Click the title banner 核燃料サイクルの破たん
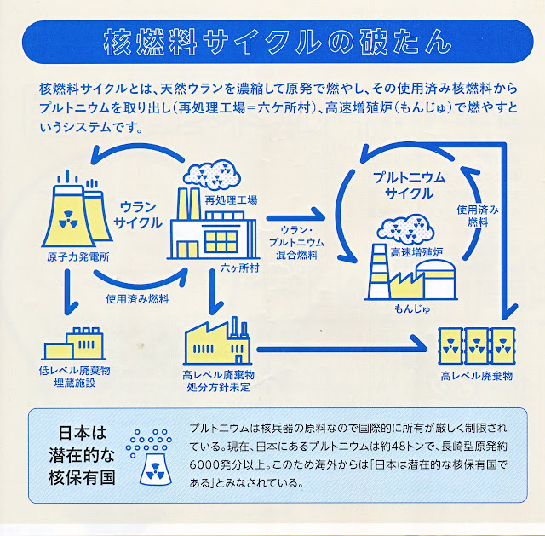[x=278, y=42]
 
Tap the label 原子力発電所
[x=78, y=257]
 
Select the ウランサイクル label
[x=138, y=215]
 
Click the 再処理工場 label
[x=231, y=200]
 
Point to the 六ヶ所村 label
[x=240, y=268]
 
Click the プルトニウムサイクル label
[x=410, y=186]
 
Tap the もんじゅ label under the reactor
[x=412, y=308]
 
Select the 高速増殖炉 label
[x=416, y=252]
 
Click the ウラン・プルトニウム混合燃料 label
[x=296, y=242]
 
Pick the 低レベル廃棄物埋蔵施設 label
[x=75, y=377]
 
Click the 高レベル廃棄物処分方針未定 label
[x=218, y=381]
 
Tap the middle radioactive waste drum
[x=477, y=346]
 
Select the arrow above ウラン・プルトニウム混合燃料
[x=295, y=217]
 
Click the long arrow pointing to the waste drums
[x=342, y=349]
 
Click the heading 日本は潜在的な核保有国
[x=82, y=455]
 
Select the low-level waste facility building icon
[x=74, y=343]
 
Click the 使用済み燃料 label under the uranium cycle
[x=137, y=299]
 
